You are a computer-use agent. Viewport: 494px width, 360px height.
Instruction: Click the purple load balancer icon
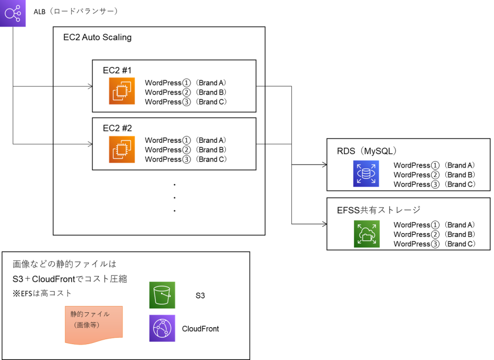click(x=13, y=13)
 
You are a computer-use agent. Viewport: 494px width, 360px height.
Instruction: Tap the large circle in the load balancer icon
click(x=9, y=14)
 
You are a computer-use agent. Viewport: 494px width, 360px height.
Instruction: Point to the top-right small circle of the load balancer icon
click(x=18, y=7)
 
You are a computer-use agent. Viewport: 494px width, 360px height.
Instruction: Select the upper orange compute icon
click(x=122, y=91)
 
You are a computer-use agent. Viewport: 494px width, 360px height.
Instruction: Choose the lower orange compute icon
click(x=122, y=150)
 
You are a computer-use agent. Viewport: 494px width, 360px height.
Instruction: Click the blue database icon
click(x=366, y=173)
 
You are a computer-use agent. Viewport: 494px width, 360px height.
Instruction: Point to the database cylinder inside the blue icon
click(x=366, y=174)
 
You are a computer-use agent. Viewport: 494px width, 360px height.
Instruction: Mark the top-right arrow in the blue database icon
click(x=373, y=166)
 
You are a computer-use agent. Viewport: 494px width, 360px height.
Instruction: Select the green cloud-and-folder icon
click(x=367, y=234)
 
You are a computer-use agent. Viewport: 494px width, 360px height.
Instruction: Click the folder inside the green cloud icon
click(x=368, y=237)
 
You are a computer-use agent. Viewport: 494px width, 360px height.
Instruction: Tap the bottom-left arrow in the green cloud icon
click(x=360, y=241)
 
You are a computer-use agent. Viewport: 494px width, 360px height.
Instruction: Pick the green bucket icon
click(x=162, y=295)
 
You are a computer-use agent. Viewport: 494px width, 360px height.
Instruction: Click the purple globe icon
click(x=162, y=328)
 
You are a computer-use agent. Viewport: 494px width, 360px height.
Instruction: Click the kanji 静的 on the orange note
click(x=77, y=314)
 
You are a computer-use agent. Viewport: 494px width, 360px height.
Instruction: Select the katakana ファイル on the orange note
click(x=96, y=314)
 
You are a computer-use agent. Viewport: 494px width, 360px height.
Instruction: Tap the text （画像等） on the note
click(x=87, y=325)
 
